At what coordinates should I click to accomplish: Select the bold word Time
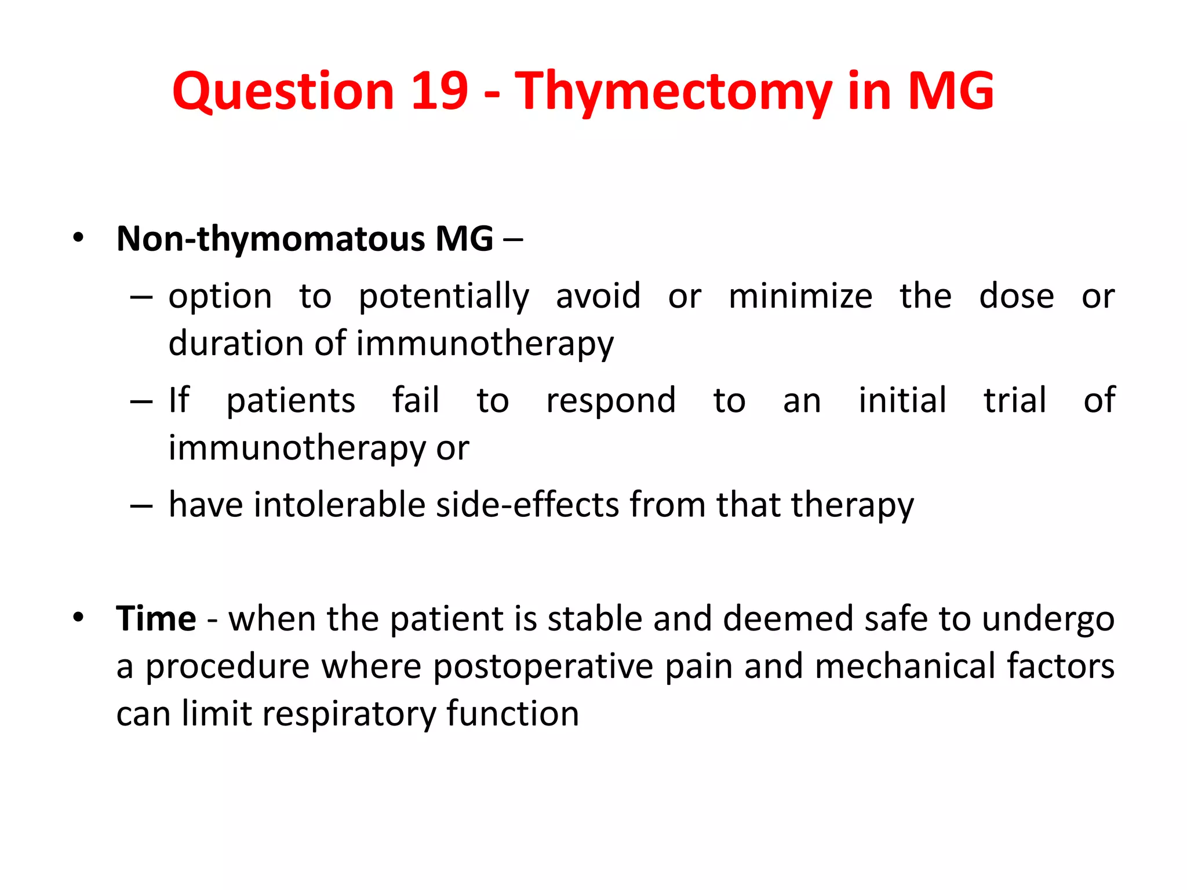tap(156, 618)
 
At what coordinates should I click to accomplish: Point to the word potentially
tap(443, 297)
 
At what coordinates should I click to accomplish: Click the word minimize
tap(800, 297)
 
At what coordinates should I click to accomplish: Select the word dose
tap(1016, 297)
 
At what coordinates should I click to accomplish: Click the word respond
tap(611, 401)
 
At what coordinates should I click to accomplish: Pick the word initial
tap(902, 400)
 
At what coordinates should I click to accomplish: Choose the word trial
tap(1015, 400)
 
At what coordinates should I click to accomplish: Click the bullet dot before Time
tap(79, 617)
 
